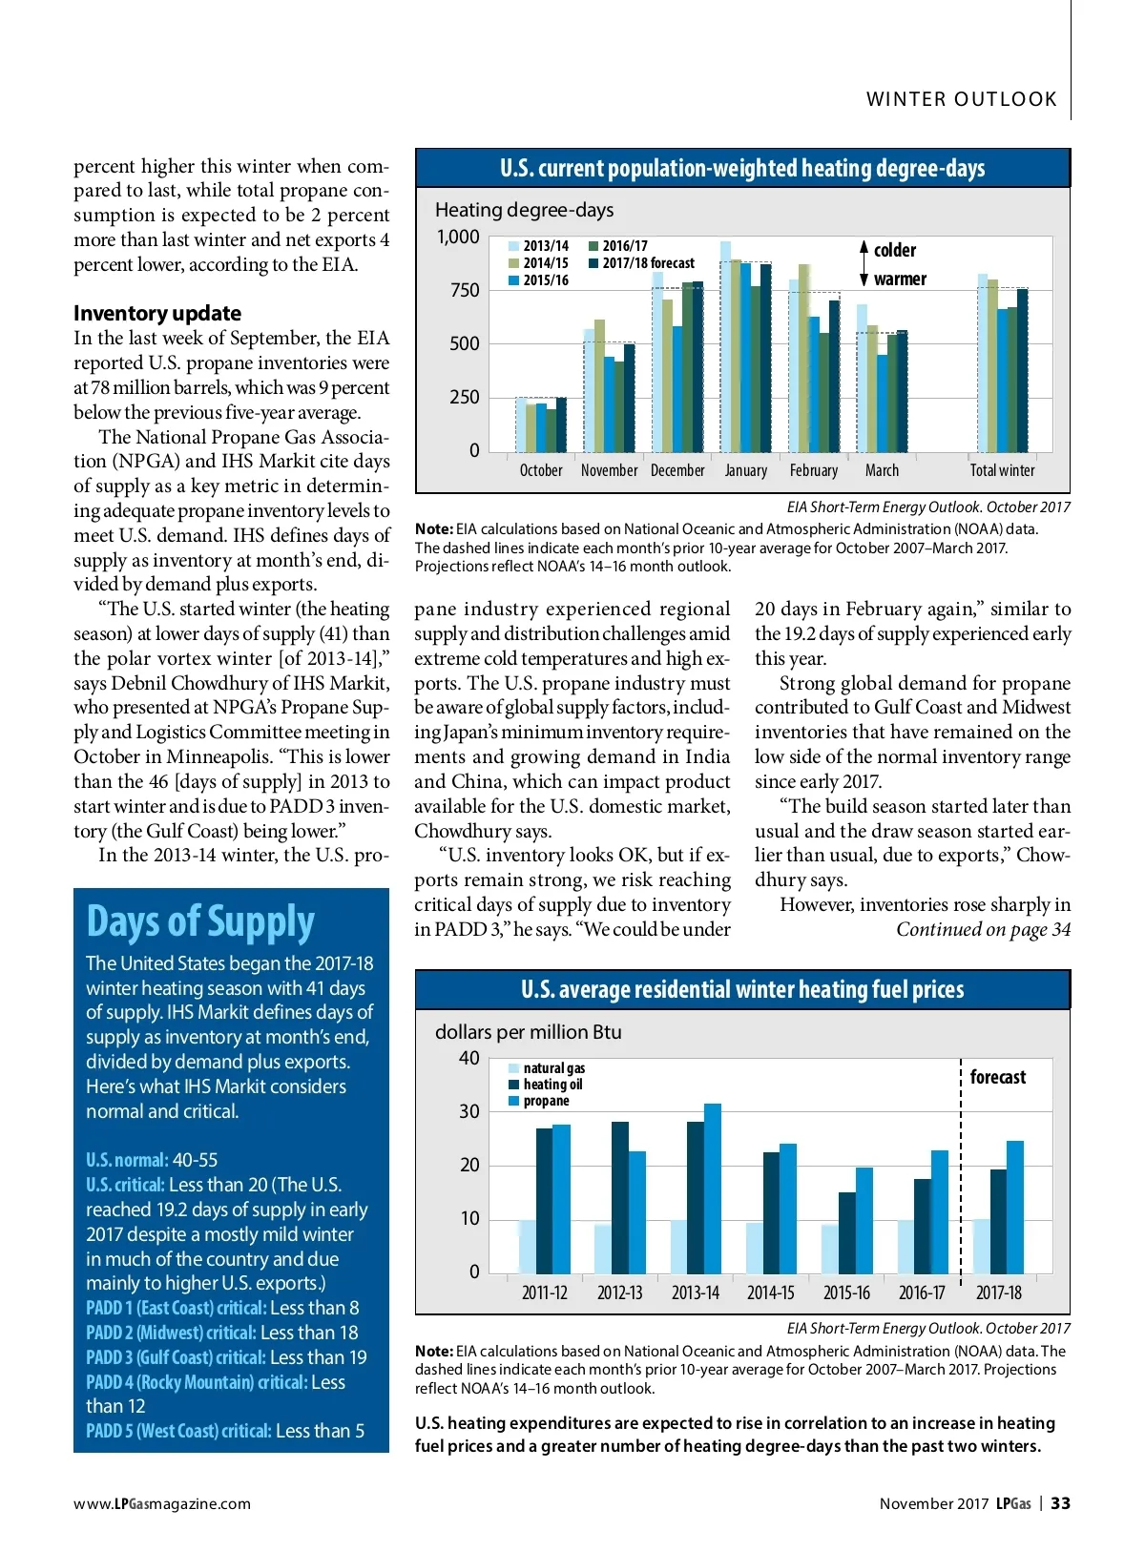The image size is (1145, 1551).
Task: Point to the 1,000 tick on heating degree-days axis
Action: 458,237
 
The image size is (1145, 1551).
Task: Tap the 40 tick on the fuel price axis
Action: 469,1058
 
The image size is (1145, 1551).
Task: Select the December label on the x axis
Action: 677,470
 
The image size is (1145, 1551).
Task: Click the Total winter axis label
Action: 1002,470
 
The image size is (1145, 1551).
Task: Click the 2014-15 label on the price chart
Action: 770,1293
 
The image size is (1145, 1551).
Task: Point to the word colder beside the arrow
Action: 895,250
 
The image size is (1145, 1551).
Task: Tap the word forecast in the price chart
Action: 998,1077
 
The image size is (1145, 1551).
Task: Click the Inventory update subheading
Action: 157,313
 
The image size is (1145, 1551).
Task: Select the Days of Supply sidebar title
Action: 200,921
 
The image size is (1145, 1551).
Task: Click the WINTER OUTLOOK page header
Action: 961,99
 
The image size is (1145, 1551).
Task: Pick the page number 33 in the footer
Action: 1060,1503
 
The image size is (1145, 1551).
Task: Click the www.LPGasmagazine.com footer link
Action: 162,1504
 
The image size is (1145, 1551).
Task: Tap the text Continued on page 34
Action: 983,929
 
